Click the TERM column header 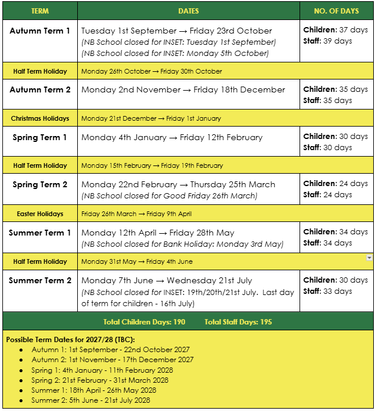pyautogui.click(x=40, y=11)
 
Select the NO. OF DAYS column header pyautogui.click(x=337, y=11)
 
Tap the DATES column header pyautogui.click(x=188, y=11)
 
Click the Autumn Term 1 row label pyautogui.click(x=40, y=31)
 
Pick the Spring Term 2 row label pyautogui.click(x=40, y=184)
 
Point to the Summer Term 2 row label pyautogui.click(x=40, y=280)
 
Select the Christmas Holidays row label pyautogui.click(x=40, y=118)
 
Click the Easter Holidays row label pyautogui.click(x=40, y=214)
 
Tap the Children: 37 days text pyautogui.click(x=335, y=30)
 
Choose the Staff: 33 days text pyautogui.click(x=327, y=291)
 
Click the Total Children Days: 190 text pyautogui.click(x=144, y=322)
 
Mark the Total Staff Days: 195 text pyautogui.click(x=238, y=322)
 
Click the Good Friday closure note pyautogui.click(x=169, y=195)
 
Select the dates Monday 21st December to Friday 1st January pyautogui.click(x=151, y=118)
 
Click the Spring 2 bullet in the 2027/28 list pyautogui.click(x=100, y=380)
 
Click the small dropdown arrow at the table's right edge pyautogui.click(x=369, y=257)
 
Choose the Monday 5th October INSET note pyautogui.click(x=175, y=53)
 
